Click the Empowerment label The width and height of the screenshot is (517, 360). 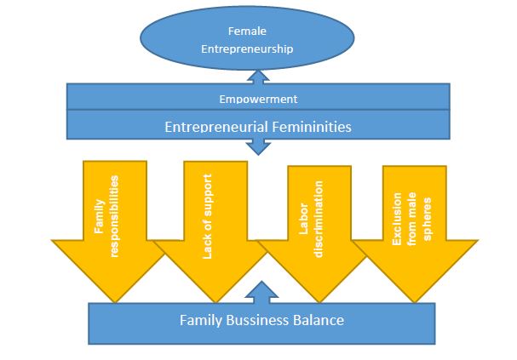click(258, 99)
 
